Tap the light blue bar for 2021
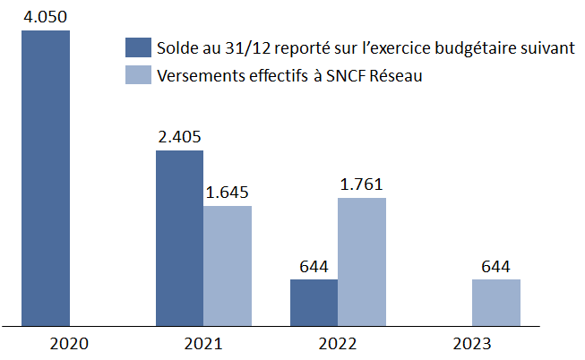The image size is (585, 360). pyautogui.click(x=228, y=265)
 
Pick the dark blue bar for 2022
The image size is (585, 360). pyautogui.click(x=314, y=301)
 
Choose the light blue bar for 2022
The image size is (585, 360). pyautogui.click(x=361, y=261)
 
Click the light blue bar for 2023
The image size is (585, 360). pyautogui.click(x=495, y=301)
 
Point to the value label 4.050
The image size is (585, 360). pyautogui.click(x=46, y=17)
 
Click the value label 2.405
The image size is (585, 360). pyautogui.click(x=179, y=137)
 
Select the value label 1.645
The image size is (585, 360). pyautogui.click(x=228, y=193)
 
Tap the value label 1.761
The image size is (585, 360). pyautogui.click(x=361, y=184)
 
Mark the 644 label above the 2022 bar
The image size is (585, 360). pyautogui.click(x=314, y=266)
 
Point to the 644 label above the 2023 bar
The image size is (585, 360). pyautogui.click(x=495, y=266)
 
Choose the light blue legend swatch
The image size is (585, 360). pyautogui.click(x=139, y=76)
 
